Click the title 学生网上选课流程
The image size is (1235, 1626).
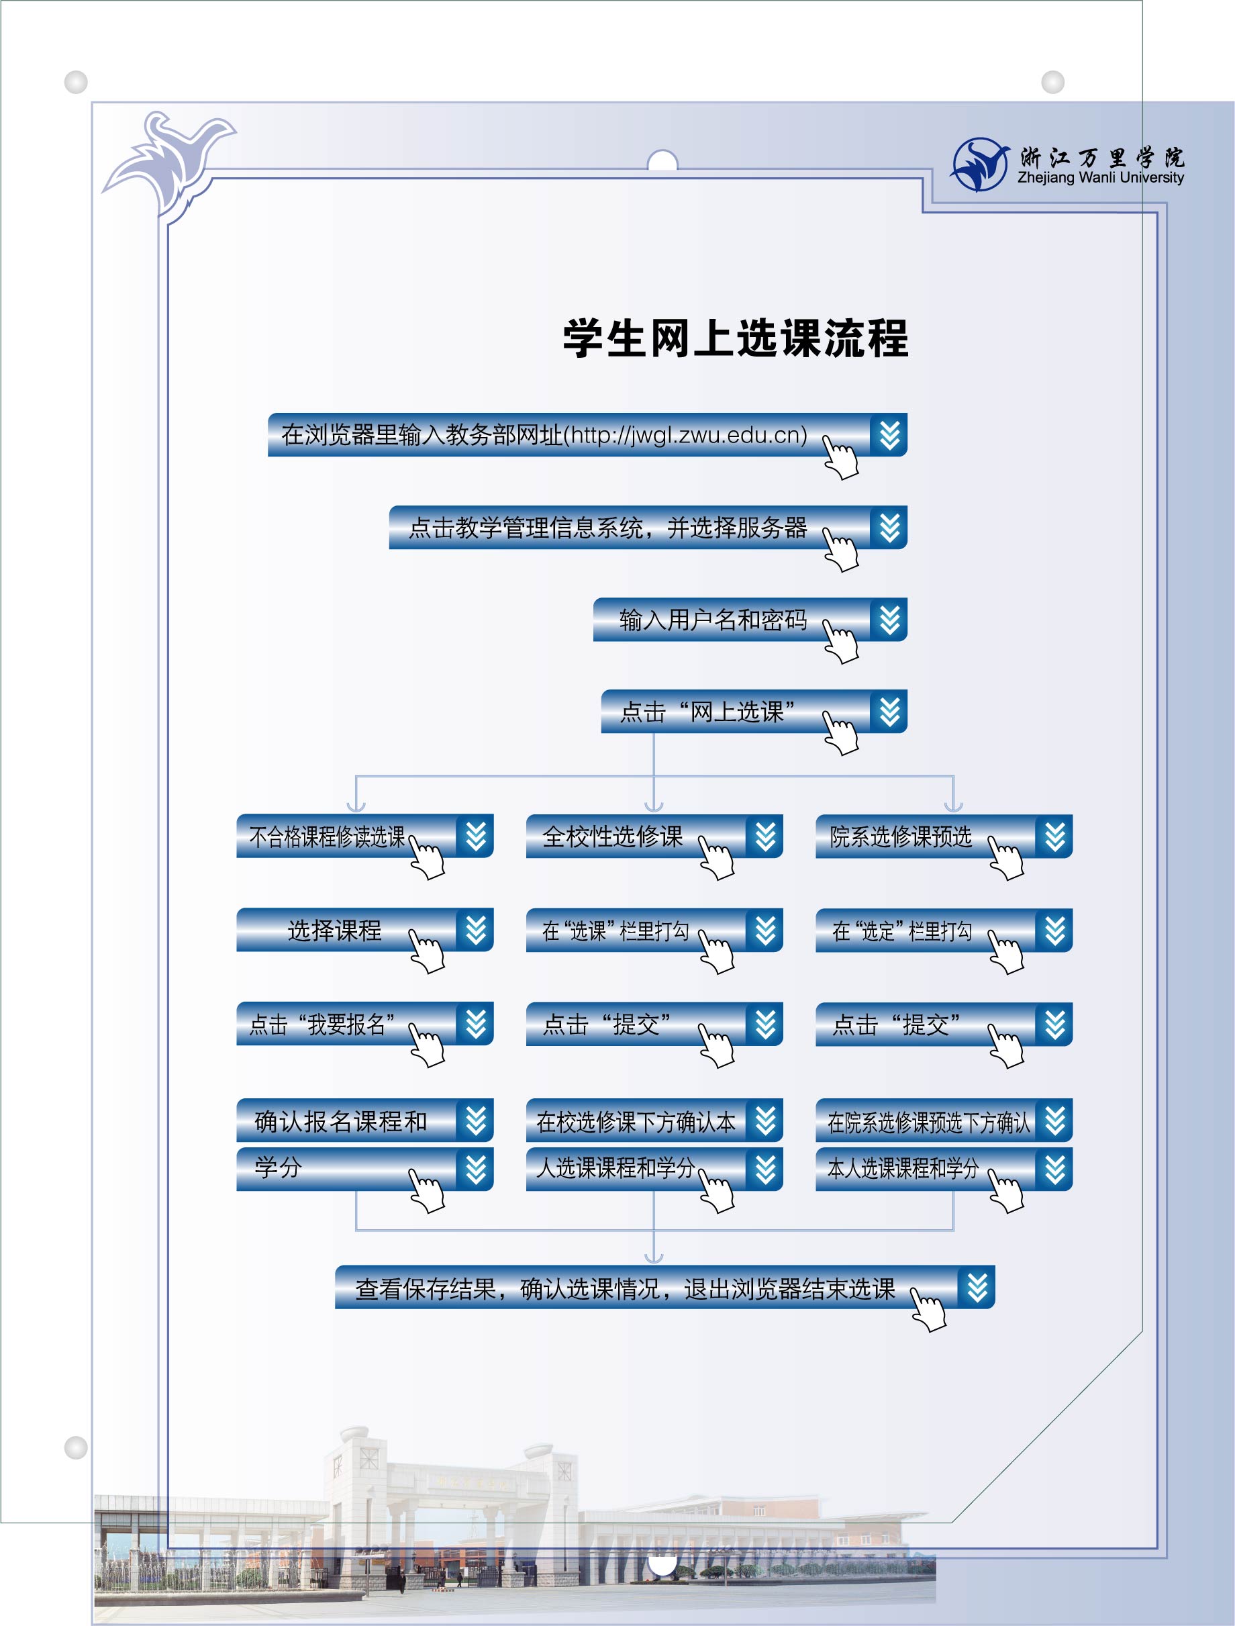pos(736,339)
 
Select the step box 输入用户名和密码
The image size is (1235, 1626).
pos(750,620)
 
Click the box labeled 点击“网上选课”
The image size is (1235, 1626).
pos(754,712)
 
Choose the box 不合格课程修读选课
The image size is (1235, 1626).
pos(364,836)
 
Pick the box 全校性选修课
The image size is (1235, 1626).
pos(654,836)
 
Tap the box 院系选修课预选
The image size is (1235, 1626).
pos(944,836)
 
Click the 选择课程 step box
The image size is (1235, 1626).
pos(364,930)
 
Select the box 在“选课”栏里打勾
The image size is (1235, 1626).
pos(654,930)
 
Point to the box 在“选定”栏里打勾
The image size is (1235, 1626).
pos(944,930)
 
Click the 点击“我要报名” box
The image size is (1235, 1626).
pos(364,1023)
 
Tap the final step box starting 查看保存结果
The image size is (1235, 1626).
pos(664,1287)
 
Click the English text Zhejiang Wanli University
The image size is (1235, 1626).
pos(1101,177)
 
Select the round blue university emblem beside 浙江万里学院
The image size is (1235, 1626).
pos(980,164)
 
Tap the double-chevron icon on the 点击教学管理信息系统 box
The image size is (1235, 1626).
pos(889,527)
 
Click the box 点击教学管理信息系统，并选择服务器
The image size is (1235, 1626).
pos(648,527)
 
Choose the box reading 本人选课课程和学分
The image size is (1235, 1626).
pos(944,1168)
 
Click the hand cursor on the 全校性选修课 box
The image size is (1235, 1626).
pos(716,858)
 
